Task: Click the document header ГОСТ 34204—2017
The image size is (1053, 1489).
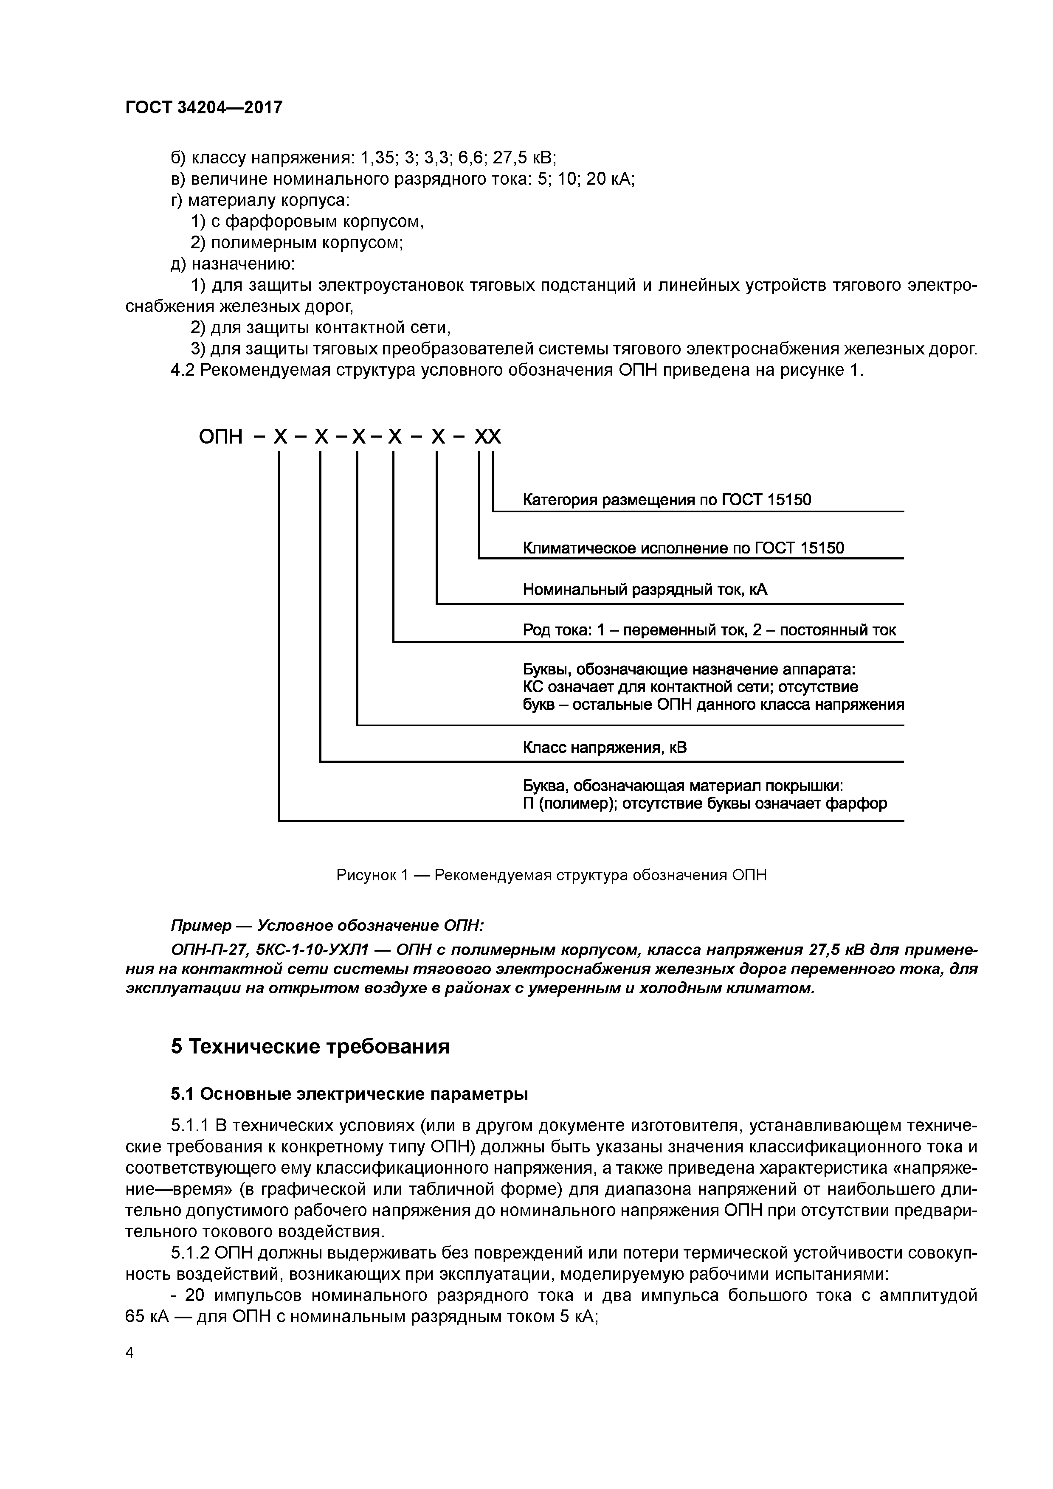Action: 204,107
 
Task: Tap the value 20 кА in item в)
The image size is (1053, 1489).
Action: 608,179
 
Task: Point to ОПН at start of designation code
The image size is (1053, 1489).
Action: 221,437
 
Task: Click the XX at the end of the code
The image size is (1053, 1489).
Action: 487,437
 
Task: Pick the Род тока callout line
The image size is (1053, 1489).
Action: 709,630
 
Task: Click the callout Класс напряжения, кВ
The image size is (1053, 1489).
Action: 604,748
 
